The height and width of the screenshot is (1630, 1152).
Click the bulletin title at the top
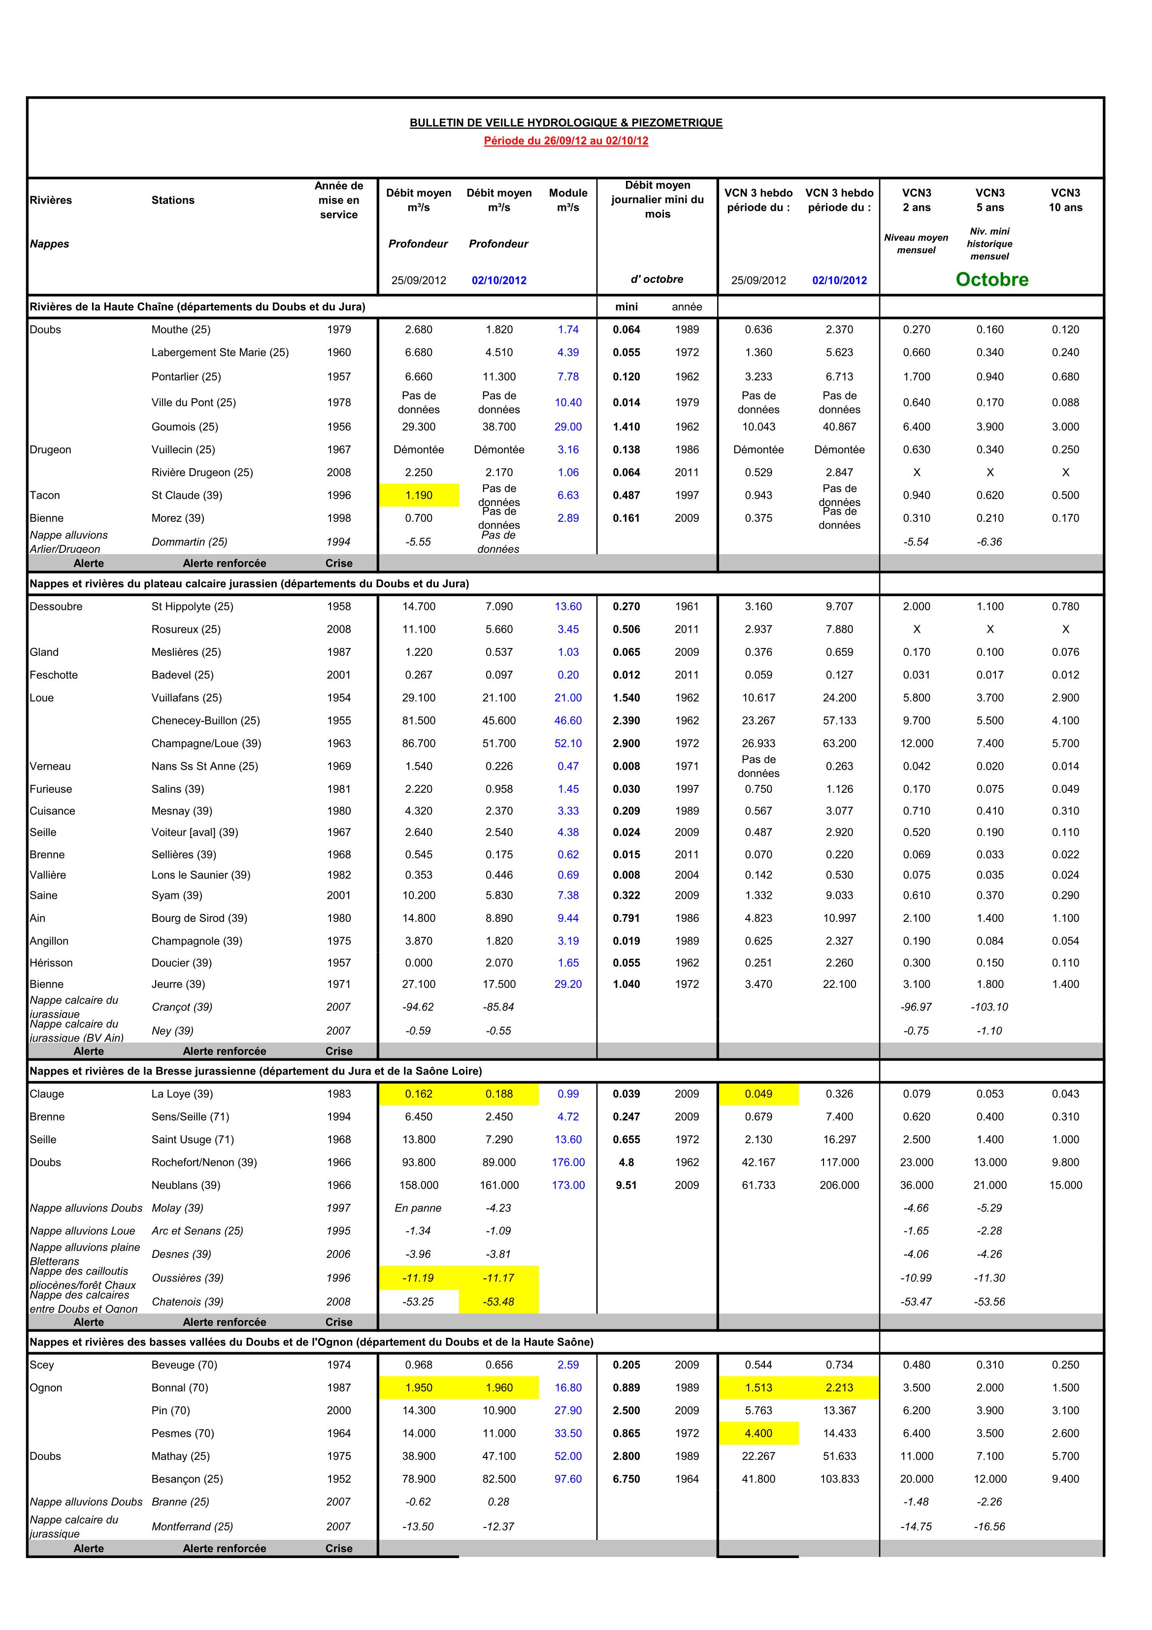pyautogui.click(x=566, y=123)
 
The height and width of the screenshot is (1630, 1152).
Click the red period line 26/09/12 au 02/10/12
pyautogui.click(x=566, y=140)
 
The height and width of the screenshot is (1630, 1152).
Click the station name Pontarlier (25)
pyautogui.click(x=186, y=377)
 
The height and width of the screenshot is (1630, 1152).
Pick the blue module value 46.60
pyautogui.click(x=568, y=720)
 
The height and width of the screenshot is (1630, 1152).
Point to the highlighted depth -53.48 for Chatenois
pyautogui.click(x=498, y=1301)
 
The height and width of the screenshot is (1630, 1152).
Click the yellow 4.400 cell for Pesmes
pyautogui.click(x=758, y=1433)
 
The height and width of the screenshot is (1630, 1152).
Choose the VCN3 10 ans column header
pyautogui.click(x=1065, y=200)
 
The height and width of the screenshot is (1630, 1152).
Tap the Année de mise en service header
pyautogui.click(x=338, y=200)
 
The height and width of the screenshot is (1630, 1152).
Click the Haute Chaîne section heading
pyautogui.click(x=197, y=306)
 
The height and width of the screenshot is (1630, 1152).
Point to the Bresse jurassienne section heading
pyautogui.click(x=256, y=1071)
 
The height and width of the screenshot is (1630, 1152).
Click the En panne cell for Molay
pyautogui.click(x=418, y=1208)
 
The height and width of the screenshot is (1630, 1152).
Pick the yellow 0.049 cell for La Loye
pyautogui.click(x=758, y=1094)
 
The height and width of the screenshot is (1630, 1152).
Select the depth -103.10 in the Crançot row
pyautogui.click(x=989, y=1007)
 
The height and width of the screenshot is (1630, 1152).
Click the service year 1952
pyautogui.click(x=338, y=1479)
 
